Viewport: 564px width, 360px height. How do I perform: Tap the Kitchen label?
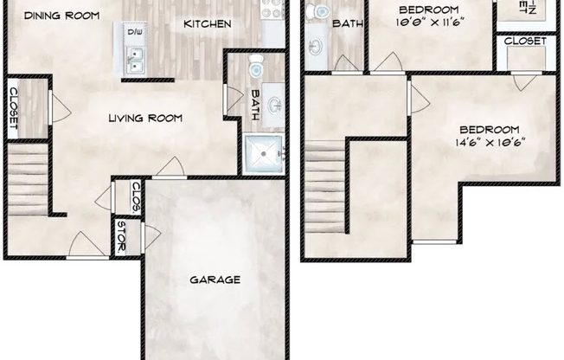(207, 24)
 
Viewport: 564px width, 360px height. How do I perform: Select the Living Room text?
(145, 118)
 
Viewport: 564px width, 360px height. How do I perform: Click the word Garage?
(215, 280)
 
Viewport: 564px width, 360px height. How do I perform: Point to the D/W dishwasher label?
(135, 32)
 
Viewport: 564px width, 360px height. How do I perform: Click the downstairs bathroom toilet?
(256, 66)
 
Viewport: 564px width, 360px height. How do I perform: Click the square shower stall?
(263, 155)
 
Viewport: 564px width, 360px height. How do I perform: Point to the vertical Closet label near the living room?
(14, 108)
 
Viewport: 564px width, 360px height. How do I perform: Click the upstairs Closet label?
(524, 41)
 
